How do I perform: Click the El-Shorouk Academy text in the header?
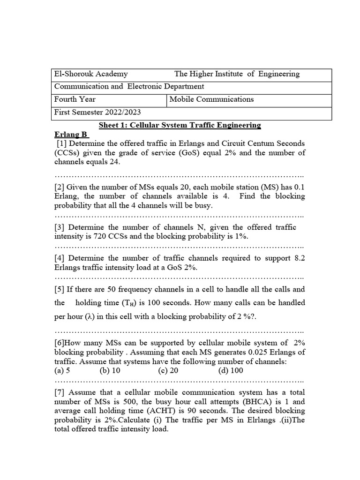point(91,74)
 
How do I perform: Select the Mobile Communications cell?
point(211,99)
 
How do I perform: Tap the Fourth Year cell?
point(75,99)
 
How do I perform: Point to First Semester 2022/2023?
point(97,112)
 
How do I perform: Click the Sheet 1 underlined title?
point(180,125)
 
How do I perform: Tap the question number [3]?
point(60,227)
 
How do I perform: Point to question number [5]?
point(60,289)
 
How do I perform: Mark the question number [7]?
point(60,392)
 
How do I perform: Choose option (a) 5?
point(62,370)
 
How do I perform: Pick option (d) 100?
point(231,370)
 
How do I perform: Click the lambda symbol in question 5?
point(90,316)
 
